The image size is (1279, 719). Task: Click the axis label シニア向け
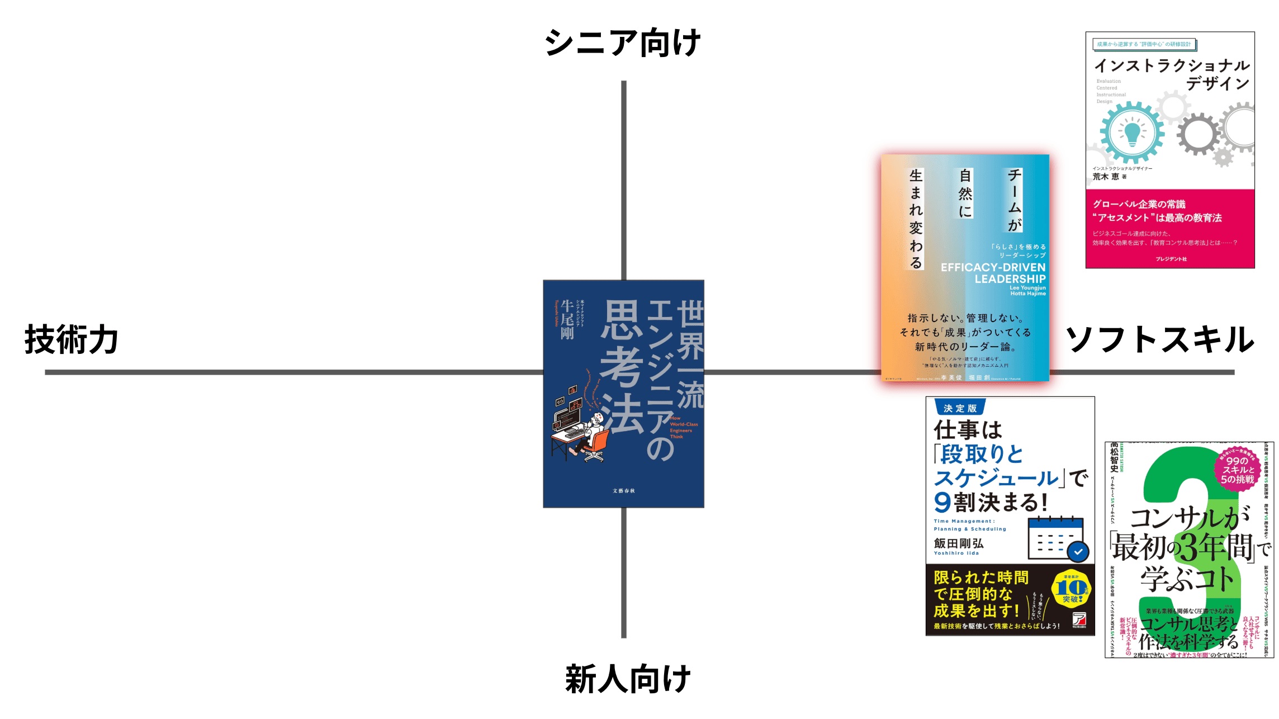pyautogui.click(x=622, y=43)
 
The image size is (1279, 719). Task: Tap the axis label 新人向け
pyautogui.click(x=628, y=679)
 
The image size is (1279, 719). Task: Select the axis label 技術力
pyautogui.click(x=71, y=339)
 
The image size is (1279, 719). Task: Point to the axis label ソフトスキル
pyautogui.click(x=1160, y=339)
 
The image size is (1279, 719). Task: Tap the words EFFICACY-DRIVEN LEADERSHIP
pyautogui.click(x=993, y=273)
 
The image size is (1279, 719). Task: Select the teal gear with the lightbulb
pyautogui.click(x=1132, y=133)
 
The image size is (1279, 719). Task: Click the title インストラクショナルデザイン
pyautogui.click(x=1172, y=74)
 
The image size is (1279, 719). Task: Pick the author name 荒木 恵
pyautogui.click(x=1106, y=177)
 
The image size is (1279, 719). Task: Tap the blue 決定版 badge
pyautogui.click(x=960, y=408)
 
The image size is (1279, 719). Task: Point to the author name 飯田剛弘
pyautogui.click(x=959, y=543)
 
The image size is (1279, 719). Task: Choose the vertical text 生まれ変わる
pyautogui.click(x=916, y=219)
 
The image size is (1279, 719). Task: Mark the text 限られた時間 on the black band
pyautogui.click(x=981, y=578)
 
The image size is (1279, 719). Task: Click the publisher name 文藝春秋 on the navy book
pyautogui.click(x=624, y=491)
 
